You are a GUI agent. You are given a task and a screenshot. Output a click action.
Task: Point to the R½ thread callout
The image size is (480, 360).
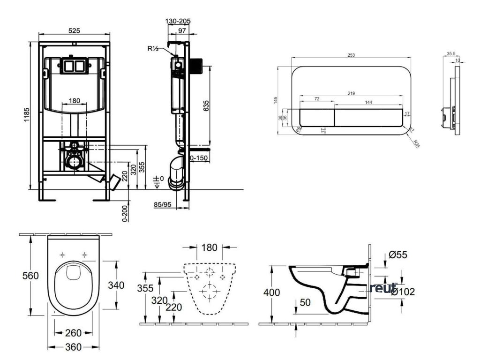point(154,48)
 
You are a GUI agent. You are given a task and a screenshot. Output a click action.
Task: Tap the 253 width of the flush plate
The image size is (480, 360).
point(352,55)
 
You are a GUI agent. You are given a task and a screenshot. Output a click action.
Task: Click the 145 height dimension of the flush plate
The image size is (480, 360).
point(276,101)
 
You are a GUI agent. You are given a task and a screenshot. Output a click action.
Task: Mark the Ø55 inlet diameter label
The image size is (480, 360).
point(398,255)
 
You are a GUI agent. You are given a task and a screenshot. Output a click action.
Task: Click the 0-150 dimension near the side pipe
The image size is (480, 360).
point(200,158)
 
